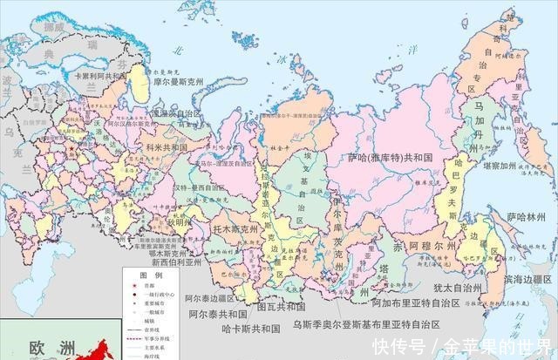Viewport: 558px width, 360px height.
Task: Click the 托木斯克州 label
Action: (x=235, y=229)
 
